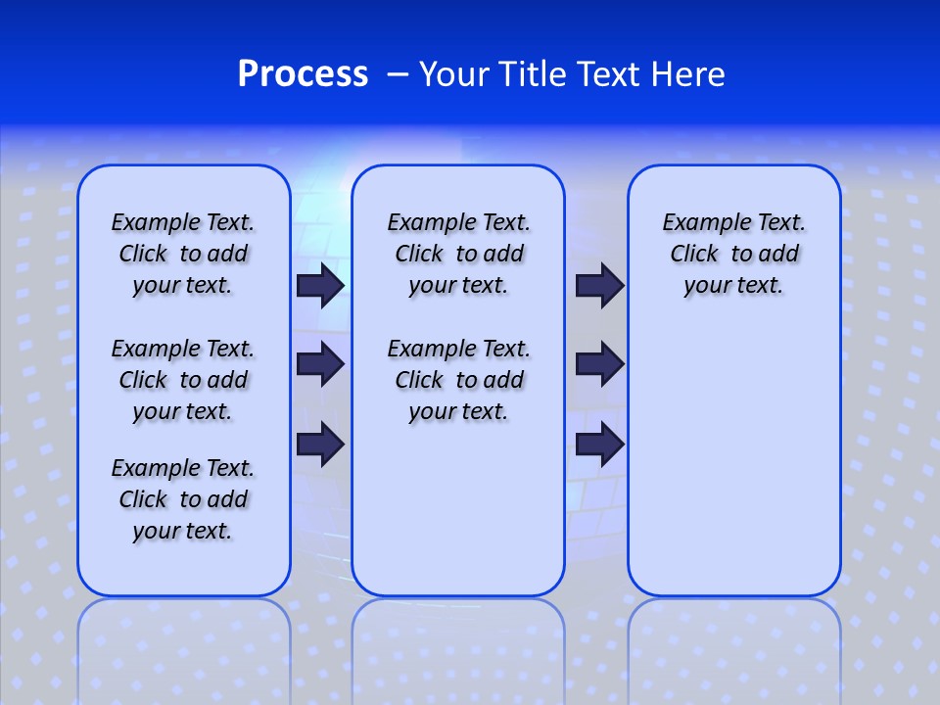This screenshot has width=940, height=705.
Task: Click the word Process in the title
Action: (x=303, y=74)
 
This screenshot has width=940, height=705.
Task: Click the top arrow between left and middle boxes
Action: (x=320, y=285)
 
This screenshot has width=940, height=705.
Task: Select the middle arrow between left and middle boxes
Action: (x=320, y=364)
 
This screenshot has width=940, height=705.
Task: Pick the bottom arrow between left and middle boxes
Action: (x=320, y=444)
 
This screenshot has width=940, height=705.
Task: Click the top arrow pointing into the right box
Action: (x=599, y=285)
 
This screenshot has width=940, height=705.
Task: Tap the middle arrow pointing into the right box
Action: (x=599, y=364)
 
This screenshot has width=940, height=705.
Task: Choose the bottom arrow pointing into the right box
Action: (x=599, y=444)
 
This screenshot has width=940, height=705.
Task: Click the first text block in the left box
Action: (x=183, y=254)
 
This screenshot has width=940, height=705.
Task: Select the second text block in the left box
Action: (x=183, y=380)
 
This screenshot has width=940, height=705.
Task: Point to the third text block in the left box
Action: (x=183, y=499)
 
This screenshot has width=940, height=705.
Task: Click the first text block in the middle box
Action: (x=458, y=254)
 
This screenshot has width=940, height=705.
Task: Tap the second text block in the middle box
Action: (x=458, y=380)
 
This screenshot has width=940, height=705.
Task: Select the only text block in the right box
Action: (x=733, y=254)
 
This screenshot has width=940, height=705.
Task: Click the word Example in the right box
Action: (x=700, y=222)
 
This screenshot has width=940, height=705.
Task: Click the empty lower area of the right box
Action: (x=733, y=460)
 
